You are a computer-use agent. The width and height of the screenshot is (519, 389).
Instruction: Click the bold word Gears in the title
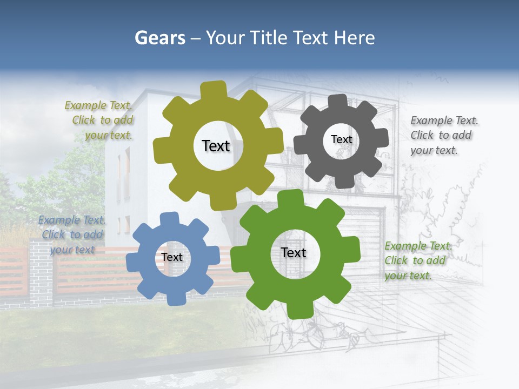tap(159, 38)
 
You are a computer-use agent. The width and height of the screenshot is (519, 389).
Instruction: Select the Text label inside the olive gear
tap(216, 146)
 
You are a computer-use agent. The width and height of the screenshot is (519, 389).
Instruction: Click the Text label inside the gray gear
tap(341, 139)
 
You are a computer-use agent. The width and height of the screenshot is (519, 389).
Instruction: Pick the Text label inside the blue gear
tap(172, 257)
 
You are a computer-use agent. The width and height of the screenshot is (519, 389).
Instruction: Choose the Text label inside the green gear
tap(294, 252)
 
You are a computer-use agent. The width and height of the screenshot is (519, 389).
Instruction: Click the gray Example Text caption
tap(443, 135)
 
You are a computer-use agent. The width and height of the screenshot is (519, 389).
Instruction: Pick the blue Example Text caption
tap(72, 234)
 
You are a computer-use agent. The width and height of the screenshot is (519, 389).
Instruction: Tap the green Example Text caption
tap(417, 260)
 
